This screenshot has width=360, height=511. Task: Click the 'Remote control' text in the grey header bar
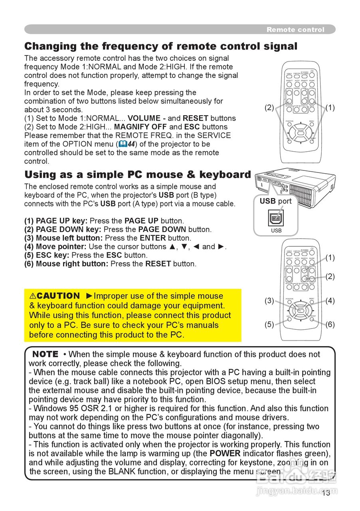pos(295,30)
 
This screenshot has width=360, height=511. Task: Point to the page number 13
pos(326,493)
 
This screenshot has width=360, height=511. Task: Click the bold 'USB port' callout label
pos(275,201)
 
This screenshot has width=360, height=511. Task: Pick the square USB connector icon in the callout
pos(276,218)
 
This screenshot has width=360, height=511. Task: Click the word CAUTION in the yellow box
pos(58,296)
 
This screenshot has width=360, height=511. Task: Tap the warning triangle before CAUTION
pos(33,296)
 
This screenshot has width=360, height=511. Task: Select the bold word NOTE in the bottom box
pos(45,354)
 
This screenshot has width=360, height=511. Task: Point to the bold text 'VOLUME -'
pos(146,118)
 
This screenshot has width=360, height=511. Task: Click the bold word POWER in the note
pos(225,454)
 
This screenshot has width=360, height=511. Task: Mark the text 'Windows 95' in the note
pos(52,408)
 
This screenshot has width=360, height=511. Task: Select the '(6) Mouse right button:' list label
pos(66,264)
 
